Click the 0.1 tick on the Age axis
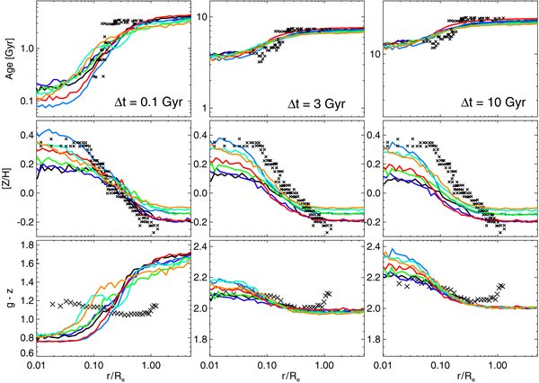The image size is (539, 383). [26, 101]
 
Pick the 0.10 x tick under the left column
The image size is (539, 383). [94, 366]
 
